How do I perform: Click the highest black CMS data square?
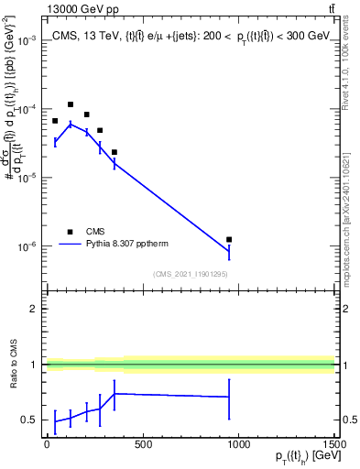(x=71, y=104)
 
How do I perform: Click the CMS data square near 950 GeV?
(x=229, y=239)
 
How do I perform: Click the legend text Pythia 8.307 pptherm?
(x=132, y=244)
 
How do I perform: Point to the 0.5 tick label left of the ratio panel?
(x=30, y=420)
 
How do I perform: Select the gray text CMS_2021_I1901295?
(x=190, y=275)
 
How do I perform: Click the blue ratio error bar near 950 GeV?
(x=229, y=397)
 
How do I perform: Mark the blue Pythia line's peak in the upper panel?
(x=71, y=124)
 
